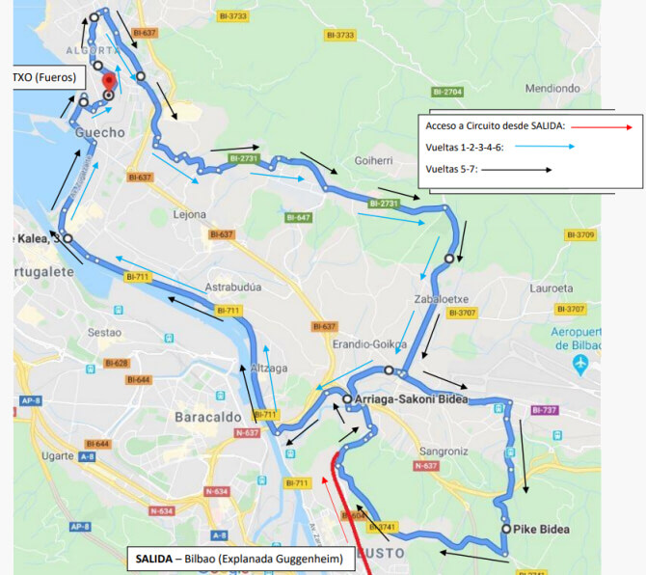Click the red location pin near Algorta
pyautogui.click(x=109, y=81)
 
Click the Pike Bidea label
pyautogui.click(x=542, y=529)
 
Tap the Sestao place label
pyautogui.click(x=106, y=331)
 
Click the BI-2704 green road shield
pyautogui.click(x=448, y=92)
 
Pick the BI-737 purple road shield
pyautogui.click(x=544, y=410)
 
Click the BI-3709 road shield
pyautogui.click(x=582, y=234)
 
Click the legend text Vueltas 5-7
pyautogui.click(x=452, y=169)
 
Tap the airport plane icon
pyautogui.click(x=579, y=363)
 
